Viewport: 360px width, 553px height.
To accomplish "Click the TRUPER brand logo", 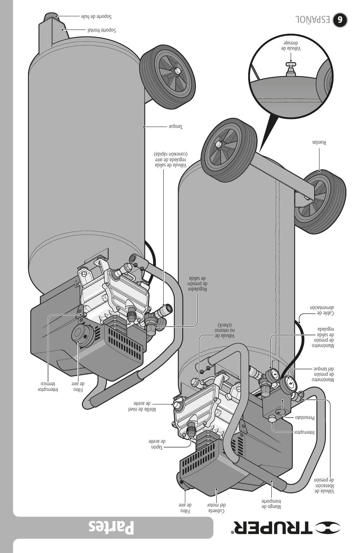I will pos(286,527).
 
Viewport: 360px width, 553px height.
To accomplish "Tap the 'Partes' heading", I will pos(111,527).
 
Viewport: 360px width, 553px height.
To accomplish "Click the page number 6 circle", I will pos(340,20).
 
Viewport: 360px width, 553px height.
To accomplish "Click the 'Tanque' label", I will pos(175,126).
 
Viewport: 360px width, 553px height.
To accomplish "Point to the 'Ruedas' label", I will pos(319,143).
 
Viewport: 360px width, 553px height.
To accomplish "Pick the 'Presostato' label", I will pos(305,418).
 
